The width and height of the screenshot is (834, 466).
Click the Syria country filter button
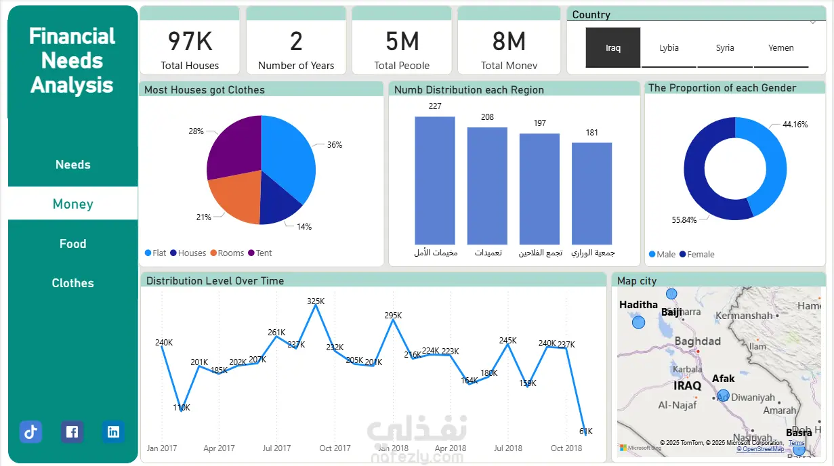(x=725, y=48)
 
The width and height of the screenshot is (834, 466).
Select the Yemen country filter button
(x=781, y=48)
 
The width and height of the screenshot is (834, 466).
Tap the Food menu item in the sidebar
(x=72, y=244)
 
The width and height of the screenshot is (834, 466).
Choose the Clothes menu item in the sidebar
(x=72, y=283)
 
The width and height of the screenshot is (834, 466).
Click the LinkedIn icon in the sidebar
(x=113, y=431)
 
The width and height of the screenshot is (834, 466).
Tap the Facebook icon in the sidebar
(x=72, y=431)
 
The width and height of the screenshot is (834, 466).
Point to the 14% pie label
(x=304, y=227)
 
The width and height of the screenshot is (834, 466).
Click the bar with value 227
(x=435, y=180)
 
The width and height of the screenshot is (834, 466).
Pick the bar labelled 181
(x=591, y=193)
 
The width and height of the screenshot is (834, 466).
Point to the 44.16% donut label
(x=795, y=125)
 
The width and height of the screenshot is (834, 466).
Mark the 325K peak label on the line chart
(x=316, y=301)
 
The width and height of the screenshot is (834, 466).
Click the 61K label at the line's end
(x=586, y=431)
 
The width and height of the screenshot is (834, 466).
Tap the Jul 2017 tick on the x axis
(x=276, y=448)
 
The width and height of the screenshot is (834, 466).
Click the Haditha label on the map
(x=638, y=305)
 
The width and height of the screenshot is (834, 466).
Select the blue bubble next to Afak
(x=723, y=396)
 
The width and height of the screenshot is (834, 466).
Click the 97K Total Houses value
(x=190, y=41)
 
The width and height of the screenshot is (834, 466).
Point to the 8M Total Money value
(x=509, y=41)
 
